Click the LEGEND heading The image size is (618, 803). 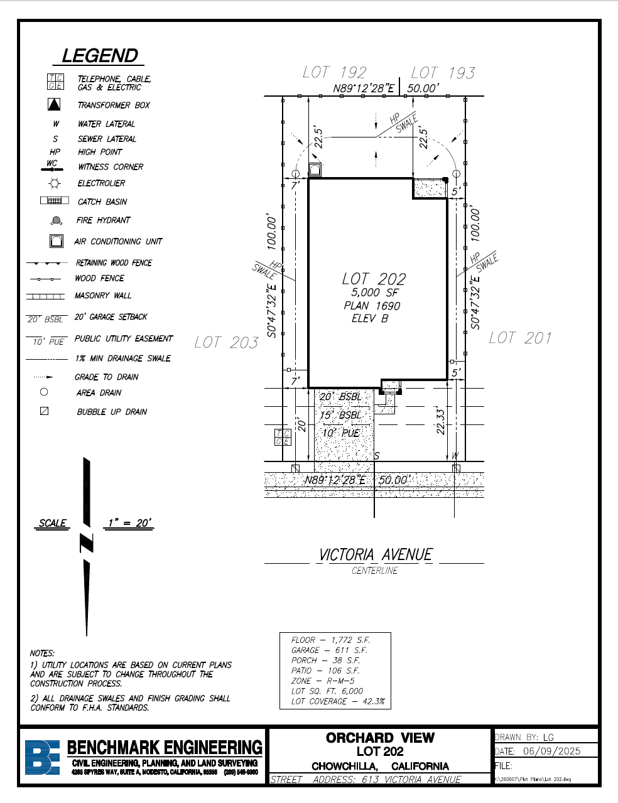pos(100,56)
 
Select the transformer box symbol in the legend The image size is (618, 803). pos(55,104)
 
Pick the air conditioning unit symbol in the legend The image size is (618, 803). pos(57,241)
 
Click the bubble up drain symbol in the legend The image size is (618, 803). pos(44,411)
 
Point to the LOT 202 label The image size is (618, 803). pos(374,279)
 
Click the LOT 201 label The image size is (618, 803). pos(520,338)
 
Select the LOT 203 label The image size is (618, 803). pos(226,342)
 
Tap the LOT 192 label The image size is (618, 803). pos(334,73)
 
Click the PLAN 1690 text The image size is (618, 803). pos(372,306)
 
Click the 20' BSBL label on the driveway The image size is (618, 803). pos(340,397)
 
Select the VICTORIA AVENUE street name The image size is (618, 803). pos(376,555)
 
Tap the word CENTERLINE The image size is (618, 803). pos(375,571)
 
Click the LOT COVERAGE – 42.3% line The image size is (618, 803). pos(337,701)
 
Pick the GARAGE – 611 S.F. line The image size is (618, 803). pos(329,650)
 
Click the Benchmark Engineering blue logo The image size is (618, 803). pos(43,757)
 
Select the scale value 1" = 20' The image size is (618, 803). pos(129,523)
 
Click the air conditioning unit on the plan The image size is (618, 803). pos(315,170)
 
